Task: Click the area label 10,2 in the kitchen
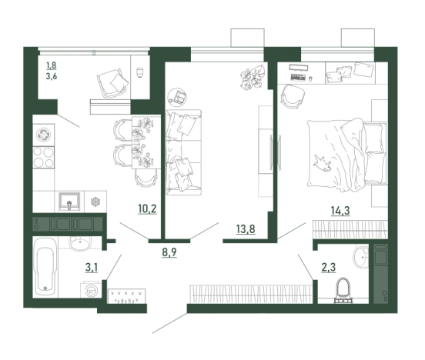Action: coord(148,209)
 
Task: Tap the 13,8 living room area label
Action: coord(246,229)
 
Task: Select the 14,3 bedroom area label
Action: coord(340,211)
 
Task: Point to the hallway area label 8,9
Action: coord(169,252)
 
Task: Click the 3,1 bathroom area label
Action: coord(92,268)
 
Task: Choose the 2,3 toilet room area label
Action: coord(329,268)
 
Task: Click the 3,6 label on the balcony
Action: coord(52,76)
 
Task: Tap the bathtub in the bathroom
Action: coord(45,267)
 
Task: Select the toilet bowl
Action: coord(343,290)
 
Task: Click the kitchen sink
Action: coord(69,202)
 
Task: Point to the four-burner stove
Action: coord(44,157)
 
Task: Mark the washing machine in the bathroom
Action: coord(91,290)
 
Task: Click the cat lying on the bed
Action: coord(323,163)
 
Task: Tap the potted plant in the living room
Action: coord(253,77)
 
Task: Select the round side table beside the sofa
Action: coord(177,97)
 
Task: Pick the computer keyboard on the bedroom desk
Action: coord(299,77)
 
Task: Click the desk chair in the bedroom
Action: coord(293,96)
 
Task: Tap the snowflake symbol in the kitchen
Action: coord(95,202)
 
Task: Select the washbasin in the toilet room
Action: coord(360,256)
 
